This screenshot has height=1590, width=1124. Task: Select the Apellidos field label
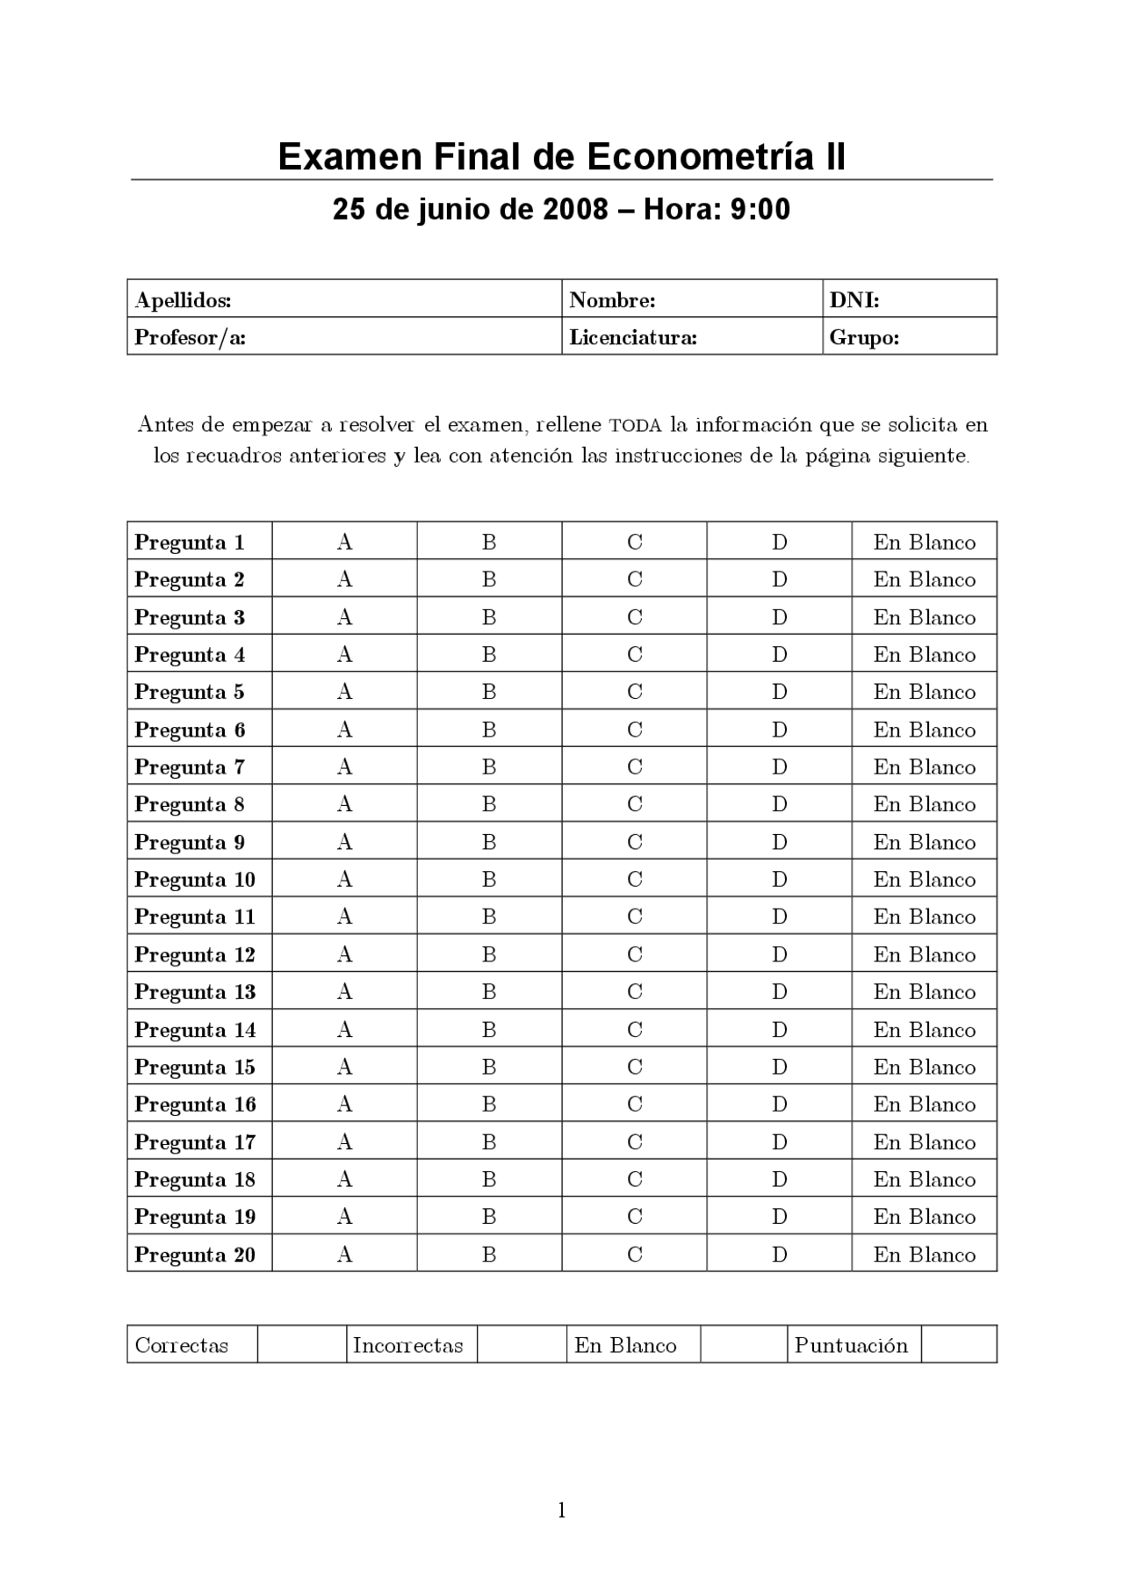coord(183,300)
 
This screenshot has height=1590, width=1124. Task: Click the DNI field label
coord(854,300)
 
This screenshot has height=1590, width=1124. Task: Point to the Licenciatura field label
coord(632,337)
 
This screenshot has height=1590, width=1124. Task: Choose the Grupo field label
coord(864,337)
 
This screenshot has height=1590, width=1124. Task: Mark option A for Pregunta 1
coord(344,543)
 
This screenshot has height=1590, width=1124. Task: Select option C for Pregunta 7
coord(634,767)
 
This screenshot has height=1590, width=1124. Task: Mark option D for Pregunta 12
coord(779,954)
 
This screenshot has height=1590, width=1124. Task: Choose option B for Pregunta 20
coord(489,1255)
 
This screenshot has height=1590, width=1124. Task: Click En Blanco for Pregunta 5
coord(924,692)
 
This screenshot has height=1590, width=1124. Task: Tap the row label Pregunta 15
coord(195,1068)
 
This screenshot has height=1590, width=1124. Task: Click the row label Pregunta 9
coord(190,843)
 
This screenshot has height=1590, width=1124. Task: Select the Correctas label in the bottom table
coord(182,1346)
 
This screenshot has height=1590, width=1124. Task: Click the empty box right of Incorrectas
coord(522,1344)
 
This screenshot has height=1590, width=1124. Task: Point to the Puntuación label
coord(851,1346)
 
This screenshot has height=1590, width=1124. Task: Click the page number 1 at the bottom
coord(562,1510)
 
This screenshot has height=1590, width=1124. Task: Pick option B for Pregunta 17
coord(489,1142)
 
